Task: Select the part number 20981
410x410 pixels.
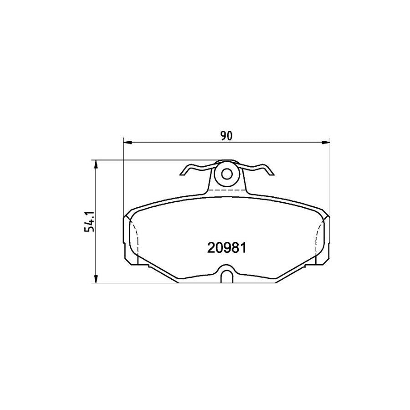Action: coord(227,248)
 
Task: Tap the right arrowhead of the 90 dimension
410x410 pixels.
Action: coord(326,143)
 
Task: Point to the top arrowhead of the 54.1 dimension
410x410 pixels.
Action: coord(96,164)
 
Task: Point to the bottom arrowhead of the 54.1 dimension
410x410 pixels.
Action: coord(96,279)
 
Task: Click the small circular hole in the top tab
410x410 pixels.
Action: coord(227,173)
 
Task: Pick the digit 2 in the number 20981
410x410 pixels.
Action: coord(211,248)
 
